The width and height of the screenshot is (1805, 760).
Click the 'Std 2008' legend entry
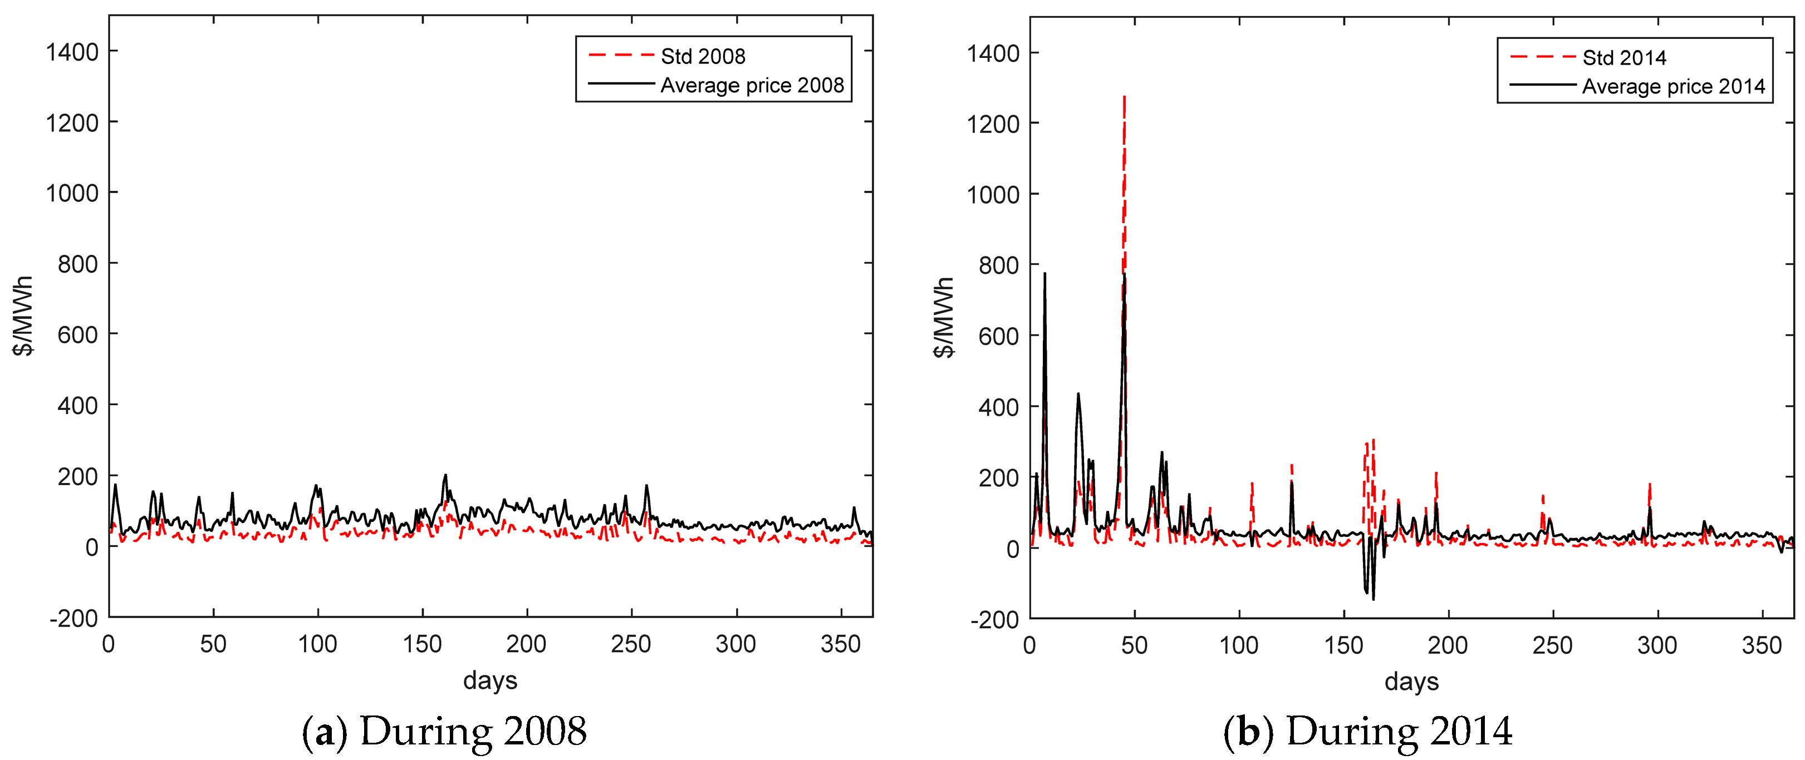point(702,56)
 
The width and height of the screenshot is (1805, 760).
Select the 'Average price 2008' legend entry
point(752,86)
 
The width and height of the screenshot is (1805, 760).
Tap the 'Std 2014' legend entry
point(1623,57)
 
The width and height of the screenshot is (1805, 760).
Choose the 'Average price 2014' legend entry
point(1673,87)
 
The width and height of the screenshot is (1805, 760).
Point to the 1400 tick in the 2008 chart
point(72,52)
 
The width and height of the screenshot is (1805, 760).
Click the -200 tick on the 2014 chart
point(994,619)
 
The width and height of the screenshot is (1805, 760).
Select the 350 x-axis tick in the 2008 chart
point(840,644)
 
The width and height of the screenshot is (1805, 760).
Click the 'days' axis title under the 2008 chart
point(490,680)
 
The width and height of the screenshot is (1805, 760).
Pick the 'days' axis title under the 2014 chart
point(1411,682)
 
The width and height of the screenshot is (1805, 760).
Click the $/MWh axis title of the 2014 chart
point(944,317)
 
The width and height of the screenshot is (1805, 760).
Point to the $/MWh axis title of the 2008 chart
point(23,317)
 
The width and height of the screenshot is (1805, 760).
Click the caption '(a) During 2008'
point(444,731)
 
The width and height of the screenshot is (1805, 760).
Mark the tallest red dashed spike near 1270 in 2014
point(1124,98)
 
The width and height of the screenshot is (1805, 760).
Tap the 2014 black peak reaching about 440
point(1078,394)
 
